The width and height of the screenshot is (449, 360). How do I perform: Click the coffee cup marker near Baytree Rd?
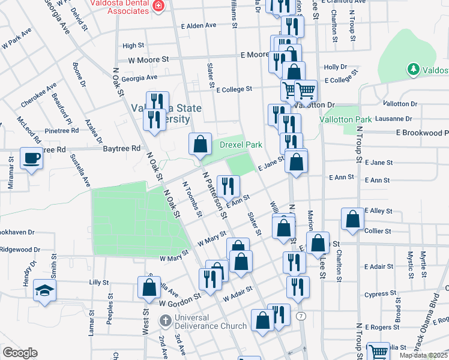coord(31,159)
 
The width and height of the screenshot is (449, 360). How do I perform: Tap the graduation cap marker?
coord(44,291)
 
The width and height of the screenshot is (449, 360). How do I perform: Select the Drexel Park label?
coord(241,145)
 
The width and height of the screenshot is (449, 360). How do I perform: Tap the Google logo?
coord(20,353)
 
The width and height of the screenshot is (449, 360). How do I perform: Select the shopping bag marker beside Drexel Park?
coord(200,144)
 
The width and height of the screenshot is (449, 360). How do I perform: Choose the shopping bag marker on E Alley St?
coord(352,219)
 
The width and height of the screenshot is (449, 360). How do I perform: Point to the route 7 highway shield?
coord(300,316)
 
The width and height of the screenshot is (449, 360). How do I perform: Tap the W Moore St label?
coord(148,60)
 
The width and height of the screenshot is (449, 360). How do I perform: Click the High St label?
coord(133,45)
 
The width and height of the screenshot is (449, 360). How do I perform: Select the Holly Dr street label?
coord(335,67)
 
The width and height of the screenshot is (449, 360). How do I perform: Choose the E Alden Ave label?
coord(201,26)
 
